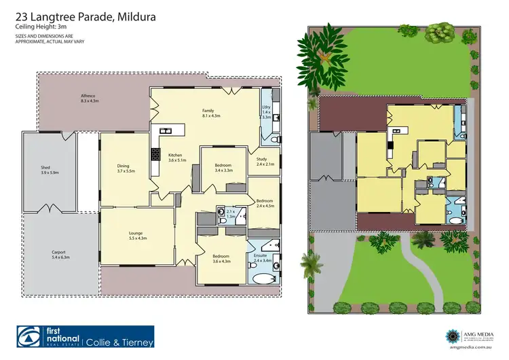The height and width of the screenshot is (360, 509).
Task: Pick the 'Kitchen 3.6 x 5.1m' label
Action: point(176,158)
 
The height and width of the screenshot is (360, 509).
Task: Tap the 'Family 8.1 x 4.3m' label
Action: point(212,113)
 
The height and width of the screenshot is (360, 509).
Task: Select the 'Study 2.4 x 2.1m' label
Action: point(265,162)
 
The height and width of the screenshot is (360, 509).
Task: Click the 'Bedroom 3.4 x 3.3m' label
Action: point(223,168)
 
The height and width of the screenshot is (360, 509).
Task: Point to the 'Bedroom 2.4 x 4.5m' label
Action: point(265,203)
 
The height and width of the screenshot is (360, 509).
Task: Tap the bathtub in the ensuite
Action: point(261,279)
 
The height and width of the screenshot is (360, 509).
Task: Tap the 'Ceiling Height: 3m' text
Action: point(43,26)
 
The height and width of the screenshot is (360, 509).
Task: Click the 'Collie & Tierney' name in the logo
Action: point(120,342)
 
